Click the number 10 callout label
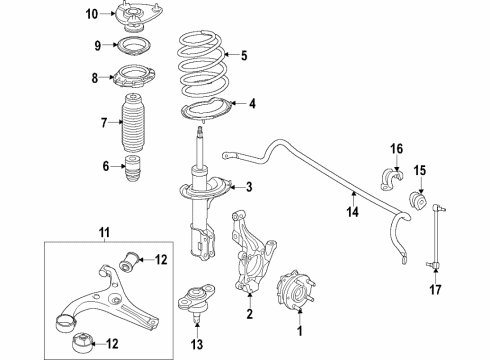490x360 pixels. point(92,14)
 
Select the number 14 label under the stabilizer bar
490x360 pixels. point(351,212)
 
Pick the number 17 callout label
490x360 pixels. point(433,293)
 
